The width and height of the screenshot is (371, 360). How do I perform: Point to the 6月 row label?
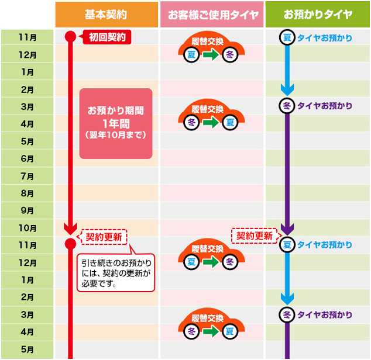(x=27, y=159)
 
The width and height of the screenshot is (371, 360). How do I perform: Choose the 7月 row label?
(x=27, y=176)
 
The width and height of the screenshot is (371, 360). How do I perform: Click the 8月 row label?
(x=27, y=193)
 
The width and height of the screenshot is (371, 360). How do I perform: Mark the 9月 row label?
(x=27, y=210)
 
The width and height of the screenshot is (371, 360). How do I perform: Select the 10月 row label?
(x=27, y=228)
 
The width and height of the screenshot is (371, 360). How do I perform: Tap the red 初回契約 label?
(x=108, y=37)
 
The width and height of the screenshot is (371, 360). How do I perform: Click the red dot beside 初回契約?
(x=70, y=37)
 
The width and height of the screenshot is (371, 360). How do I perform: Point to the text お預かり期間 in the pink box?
(x=115, y=110)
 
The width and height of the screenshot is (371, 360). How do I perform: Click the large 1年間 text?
(x=115, y=123)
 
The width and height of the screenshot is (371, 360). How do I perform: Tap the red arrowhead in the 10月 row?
(x=70, y=229)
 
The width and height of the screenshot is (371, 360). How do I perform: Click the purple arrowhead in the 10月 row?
(x=287, y=229)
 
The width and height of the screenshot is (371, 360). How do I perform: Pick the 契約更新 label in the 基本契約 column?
(x=104, y=237)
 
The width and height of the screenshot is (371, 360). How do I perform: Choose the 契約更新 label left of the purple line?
(x=254, y=236)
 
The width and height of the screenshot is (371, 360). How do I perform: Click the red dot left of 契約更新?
(x=70, y=243)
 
